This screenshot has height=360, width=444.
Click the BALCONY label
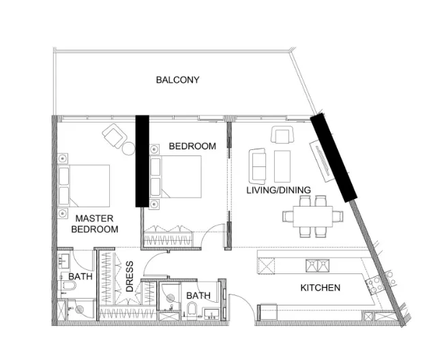[177, 80]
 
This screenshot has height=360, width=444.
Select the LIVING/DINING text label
[279, 190]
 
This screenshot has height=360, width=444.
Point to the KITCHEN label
[320, 288]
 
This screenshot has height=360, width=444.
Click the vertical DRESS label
[130, 276]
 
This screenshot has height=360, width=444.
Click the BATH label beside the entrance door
[198, 295]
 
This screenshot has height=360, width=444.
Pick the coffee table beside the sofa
[282, 166]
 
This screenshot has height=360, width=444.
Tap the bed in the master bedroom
[85, 185]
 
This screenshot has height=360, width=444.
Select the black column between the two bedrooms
[141, 160]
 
